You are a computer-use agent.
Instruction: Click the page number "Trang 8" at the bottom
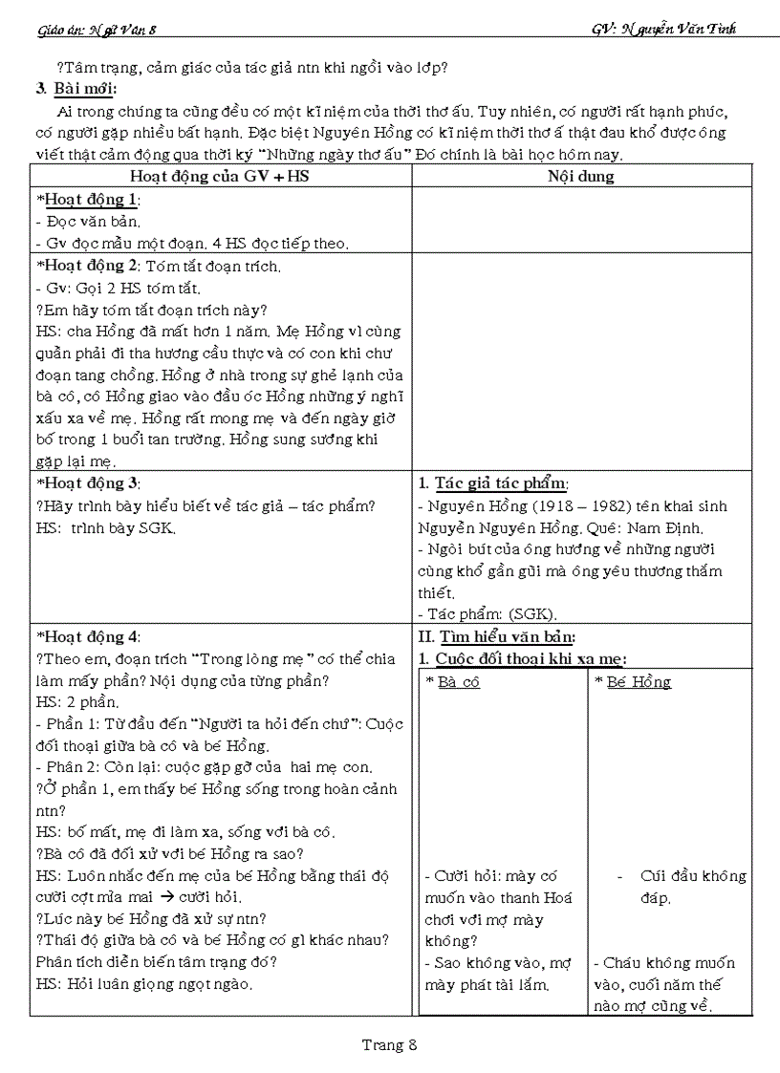(x=390, y=1044)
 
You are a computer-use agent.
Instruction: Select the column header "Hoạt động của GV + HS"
(x=220, y=176)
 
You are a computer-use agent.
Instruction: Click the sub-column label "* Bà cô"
(x=453, y=681)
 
